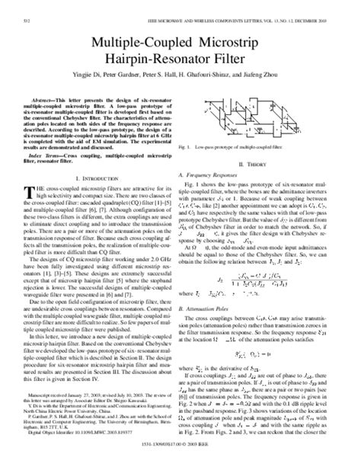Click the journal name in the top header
251,9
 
